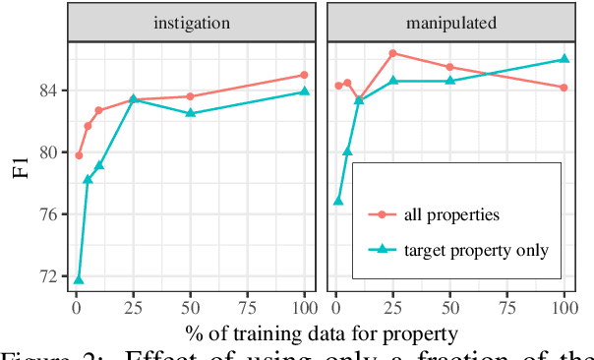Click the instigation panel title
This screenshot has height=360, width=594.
192,19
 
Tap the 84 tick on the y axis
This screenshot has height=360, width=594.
49,90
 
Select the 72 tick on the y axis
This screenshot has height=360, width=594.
49,275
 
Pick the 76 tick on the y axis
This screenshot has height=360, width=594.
49,214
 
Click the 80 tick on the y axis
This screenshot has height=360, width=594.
49,152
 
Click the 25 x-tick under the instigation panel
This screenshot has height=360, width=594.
133,306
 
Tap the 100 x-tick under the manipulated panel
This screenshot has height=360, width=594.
564,306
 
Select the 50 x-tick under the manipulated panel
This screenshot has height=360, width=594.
449,306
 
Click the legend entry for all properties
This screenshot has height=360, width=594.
445,212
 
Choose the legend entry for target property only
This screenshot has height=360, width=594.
475,250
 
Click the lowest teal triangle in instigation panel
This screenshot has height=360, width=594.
79,280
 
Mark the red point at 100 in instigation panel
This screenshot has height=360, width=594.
304,75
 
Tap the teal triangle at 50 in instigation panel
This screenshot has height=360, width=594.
191,113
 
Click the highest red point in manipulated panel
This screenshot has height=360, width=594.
392,53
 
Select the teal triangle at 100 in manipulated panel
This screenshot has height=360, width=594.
564,59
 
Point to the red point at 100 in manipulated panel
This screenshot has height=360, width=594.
564,88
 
